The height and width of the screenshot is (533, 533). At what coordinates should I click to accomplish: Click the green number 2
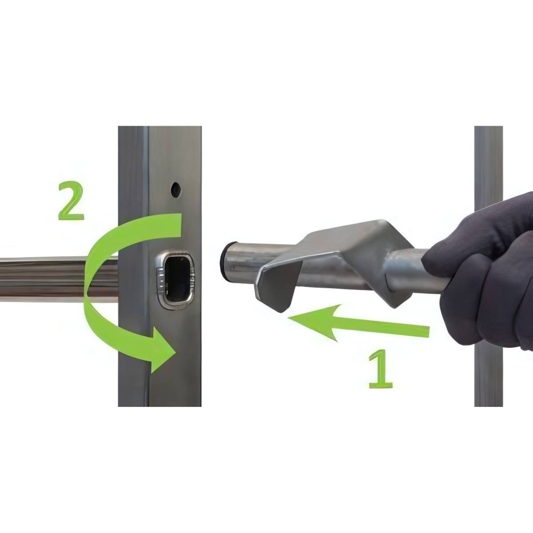tap(71, 201)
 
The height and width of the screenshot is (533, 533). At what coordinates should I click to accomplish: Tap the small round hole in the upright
tap(175, 190)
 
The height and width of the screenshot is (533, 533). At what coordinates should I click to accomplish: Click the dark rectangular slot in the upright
tap(177, 280)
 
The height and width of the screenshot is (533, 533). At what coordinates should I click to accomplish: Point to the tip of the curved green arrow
tap(176, 354)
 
